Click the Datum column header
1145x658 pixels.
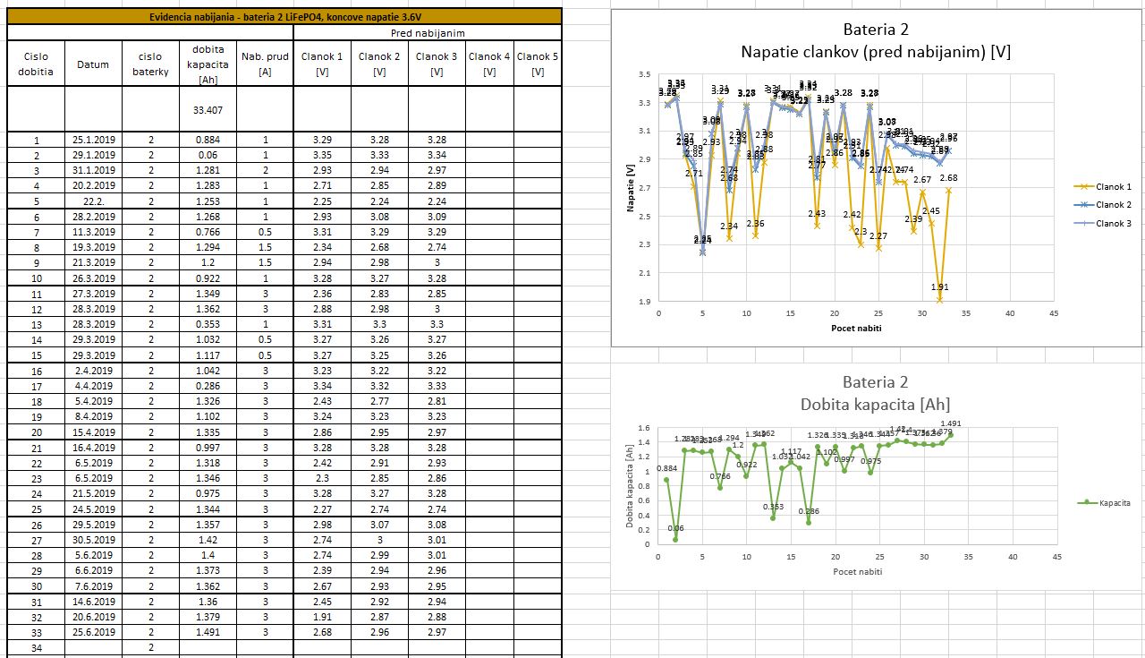93,64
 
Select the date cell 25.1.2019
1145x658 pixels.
93,140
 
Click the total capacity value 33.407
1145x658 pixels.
208,110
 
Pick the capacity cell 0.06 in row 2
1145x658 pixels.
208,155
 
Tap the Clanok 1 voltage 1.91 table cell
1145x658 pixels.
322,617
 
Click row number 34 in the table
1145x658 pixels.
36,647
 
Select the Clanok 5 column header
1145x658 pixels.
538,64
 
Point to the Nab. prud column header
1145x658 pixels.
265,64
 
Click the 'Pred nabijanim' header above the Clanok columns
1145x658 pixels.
427,33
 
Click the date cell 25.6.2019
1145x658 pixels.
93,632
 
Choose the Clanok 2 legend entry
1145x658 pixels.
1103,205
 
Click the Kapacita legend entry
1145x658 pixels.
1107,503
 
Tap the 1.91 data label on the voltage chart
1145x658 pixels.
939,287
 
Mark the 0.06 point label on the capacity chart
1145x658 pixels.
676,528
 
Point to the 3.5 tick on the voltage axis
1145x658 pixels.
644,74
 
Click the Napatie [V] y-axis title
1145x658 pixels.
631,187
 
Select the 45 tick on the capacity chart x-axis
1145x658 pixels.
1056,557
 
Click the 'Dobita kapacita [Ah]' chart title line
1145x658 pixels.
877,404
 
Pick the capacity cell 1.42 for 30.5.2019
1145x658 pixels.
208,540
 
